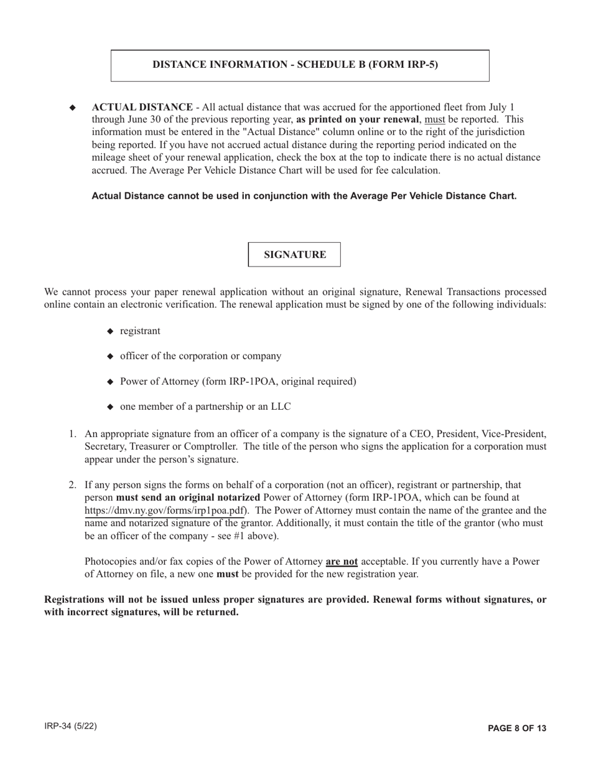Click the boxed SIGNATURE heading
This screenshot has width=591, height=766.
(x=295, y=255)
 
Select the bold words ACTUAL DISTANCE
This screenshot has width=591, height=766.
(x=142, y=107)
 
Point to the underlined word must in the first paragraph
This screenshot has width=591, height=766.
(x=434, y=120)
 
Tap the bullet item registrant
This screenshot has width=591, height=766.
(x=140, y=331)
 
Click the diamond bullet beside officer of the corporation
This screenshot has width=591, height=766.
(x=111, y=357)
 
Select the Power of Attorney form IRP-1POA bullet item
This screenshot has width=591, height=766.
(x=238, y=382)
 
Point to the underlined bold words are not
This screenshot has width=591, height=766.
(x=342, y=562)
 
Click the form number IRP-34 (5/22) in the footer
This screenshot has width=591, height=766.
(x=70, y=727)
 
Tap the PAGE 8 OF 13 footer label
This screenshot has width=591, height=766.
(x=517, y=728)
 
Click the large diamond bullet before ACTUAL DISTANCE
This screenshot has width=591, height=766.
(x=73, y=108)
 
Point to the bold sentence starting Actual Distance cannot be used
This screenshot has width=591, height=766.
(x=304, y=196)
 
